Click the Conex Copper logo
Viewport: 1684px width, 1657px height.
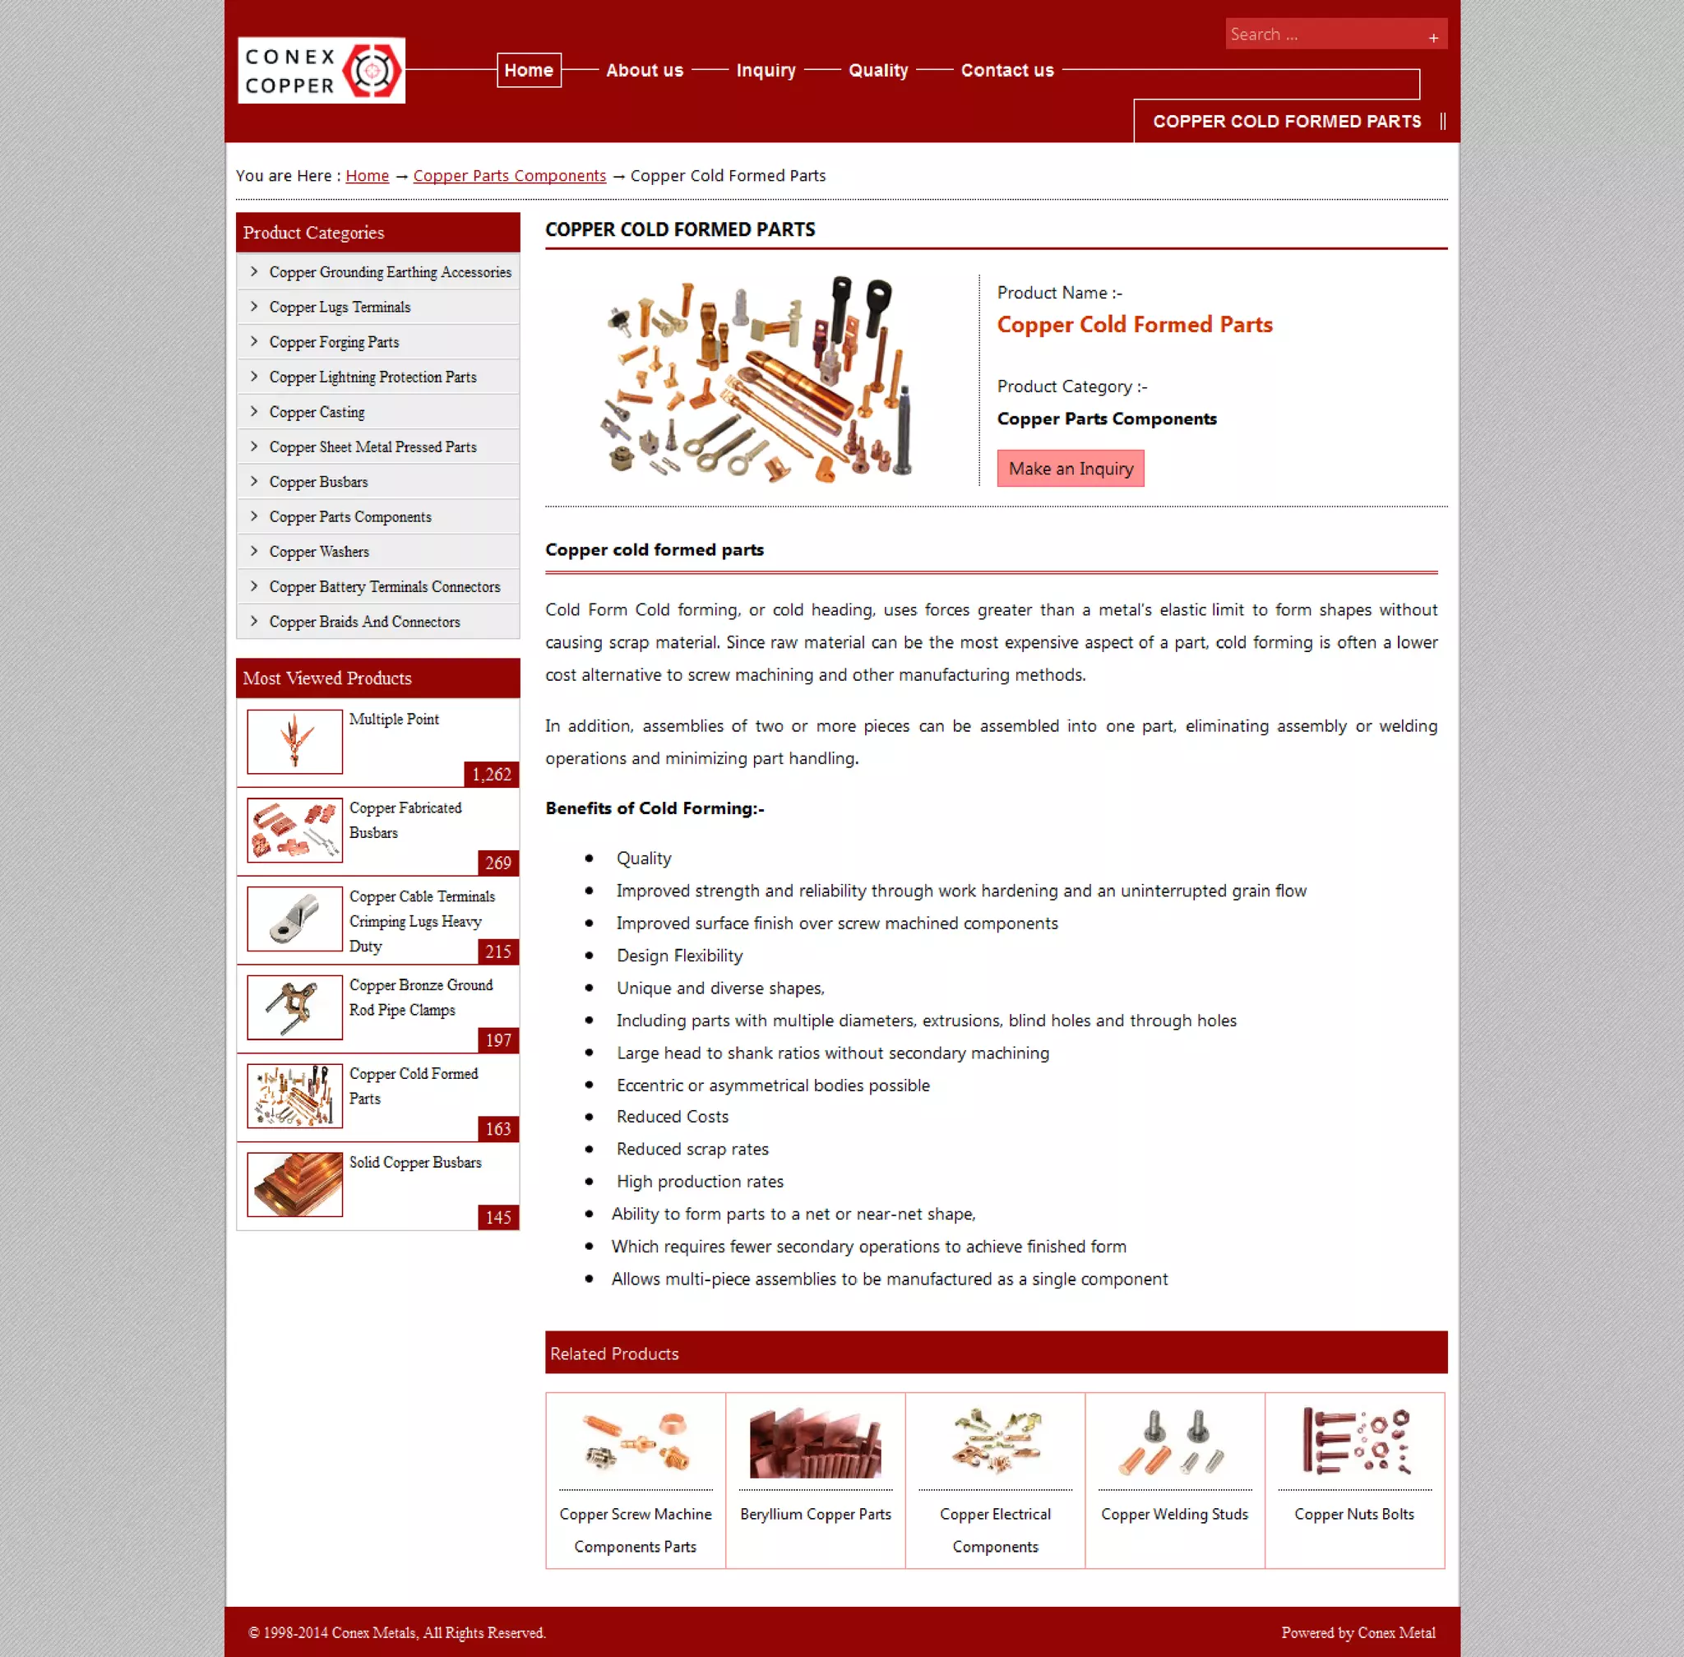[x=322, y=71]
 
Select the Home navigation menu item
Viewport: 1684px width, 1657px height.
[x=528, y=71]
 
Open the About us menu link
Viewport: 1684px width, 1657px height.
[x=644, y=71]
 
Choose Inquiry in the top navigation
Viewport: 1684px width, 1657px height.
[x=765, y=71]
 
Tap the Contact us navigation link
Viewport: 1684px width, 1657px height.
[x=1007, y=71]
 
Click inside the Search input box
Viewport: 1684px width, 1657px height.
[x=1323, y=35]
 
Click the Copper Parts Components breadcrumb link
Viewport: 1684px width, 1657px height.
[x=509, y=176]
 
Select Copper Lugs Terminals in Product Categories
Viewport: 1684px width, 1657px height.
[x=340, y=308]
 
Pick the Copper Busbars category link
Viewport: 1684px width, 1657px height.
[x=318, y=482]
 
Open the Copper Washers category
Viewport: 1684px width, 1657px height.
[x=318, y=552]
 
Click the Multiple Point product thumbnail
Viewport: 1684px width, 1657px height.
[x=294, y=742]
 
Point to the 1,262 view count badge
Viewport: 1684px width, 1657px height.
[x=492, y=775]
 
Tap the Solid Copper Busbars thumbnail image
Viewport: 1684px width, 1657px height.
[x=294, y=1184]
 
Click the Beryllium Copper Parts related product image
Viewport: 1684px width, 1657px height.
[x=815, y=1442]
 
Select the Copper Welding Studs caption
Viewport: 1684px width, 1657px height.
[x=1174, y=1514]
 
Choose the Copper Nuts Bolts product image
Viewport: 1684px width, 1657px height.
[x=1354, y=1442]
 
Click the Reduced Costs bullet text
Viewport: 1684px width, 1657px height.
[x=672, y=1117]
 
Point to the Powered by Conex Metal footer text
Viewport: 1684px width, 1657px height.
[x=1358, y=1632]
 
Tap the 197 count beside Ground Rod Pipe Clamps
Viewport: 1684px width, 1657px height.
[x=498, y=1040]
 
